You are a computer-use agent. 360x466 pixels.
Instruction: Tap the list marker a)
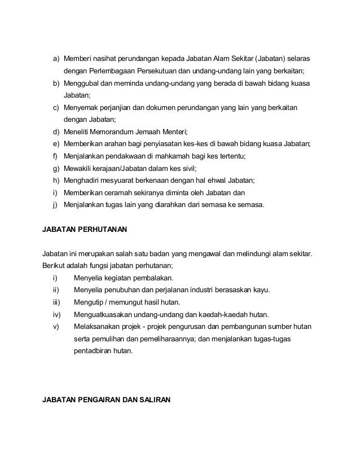[x=56, y=59]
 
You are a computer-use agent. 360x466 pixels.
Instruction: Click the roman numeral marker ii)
[x=55, y=290]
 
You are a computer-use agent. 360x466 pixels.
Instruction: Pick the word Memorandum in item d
[x=121, y=131]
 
